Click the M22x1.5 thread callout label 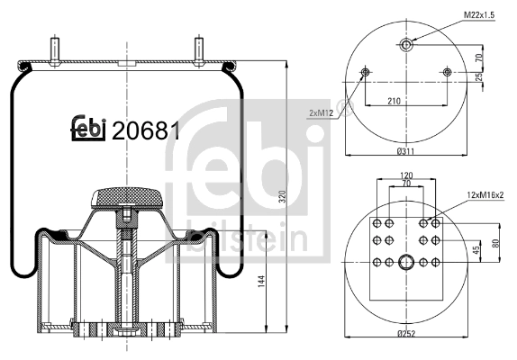click(479, 15)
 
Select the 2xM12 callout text click(322, 113)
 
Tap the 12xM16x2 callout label click(485, 194)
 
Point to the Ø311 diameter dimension click(405, 151)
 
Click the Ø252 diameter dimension click(406, 334)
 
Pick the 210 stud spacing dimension click(394, 101)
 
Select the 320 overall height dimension click(282, 197)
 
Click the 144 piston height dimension click(261, 282)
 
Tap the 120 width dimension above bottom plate click(406, 175)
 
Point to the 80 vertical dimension click(496, 242)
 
